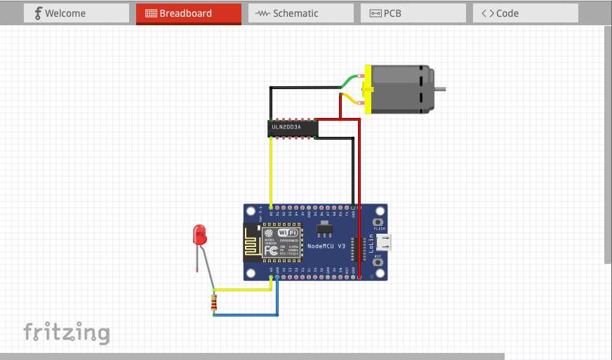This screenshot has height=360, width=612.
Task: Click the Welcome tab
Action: (x=76, y=13)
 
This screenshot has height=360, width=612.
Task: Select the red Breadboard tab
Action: (x=188, y=13)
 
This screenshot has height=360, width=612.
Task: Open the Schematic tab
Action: (x=300, y=13)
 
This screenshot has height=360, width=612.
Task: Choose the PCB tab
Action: (x=413, y=13)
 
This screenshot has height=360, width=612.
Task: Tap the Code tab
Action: (x=525, y=13)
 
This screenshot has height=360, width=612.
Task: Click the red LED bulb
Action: (x=200, y=234)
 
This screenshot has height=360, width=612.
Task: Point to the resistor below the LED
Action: (x=214, y=304)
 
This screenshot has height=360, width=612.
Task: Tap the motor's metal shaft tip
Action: (x=441, y=89)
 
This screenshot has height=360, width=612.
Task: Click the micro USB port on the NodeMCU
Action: (x=385, y=243)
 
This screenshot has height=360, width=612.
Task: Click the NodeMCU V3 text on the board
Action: (x=327, y=246)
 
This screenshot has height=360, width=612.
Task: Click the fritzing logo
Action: (x=67, y=331)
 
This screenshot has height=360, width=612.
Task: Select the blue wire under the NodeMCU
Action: (x=246, y=314)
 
